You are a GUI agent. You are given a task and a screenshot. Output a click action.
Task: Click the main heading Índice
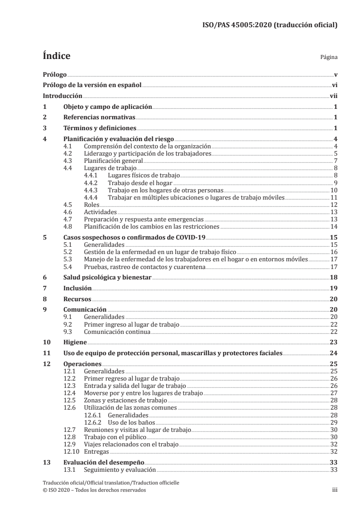(56, 56)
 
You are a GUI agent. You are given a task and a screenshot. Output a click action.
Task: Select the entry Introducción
(62, 96)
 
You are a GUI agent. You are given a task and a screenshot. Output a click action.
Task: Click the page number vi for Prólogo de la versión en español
(334, 85)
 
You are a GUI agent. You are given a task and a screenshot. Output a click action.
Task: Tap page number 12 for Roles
(333, 205)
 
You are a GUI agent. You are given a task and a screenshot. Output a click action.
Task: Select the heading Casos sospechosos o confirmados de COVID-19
(134, 237)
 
